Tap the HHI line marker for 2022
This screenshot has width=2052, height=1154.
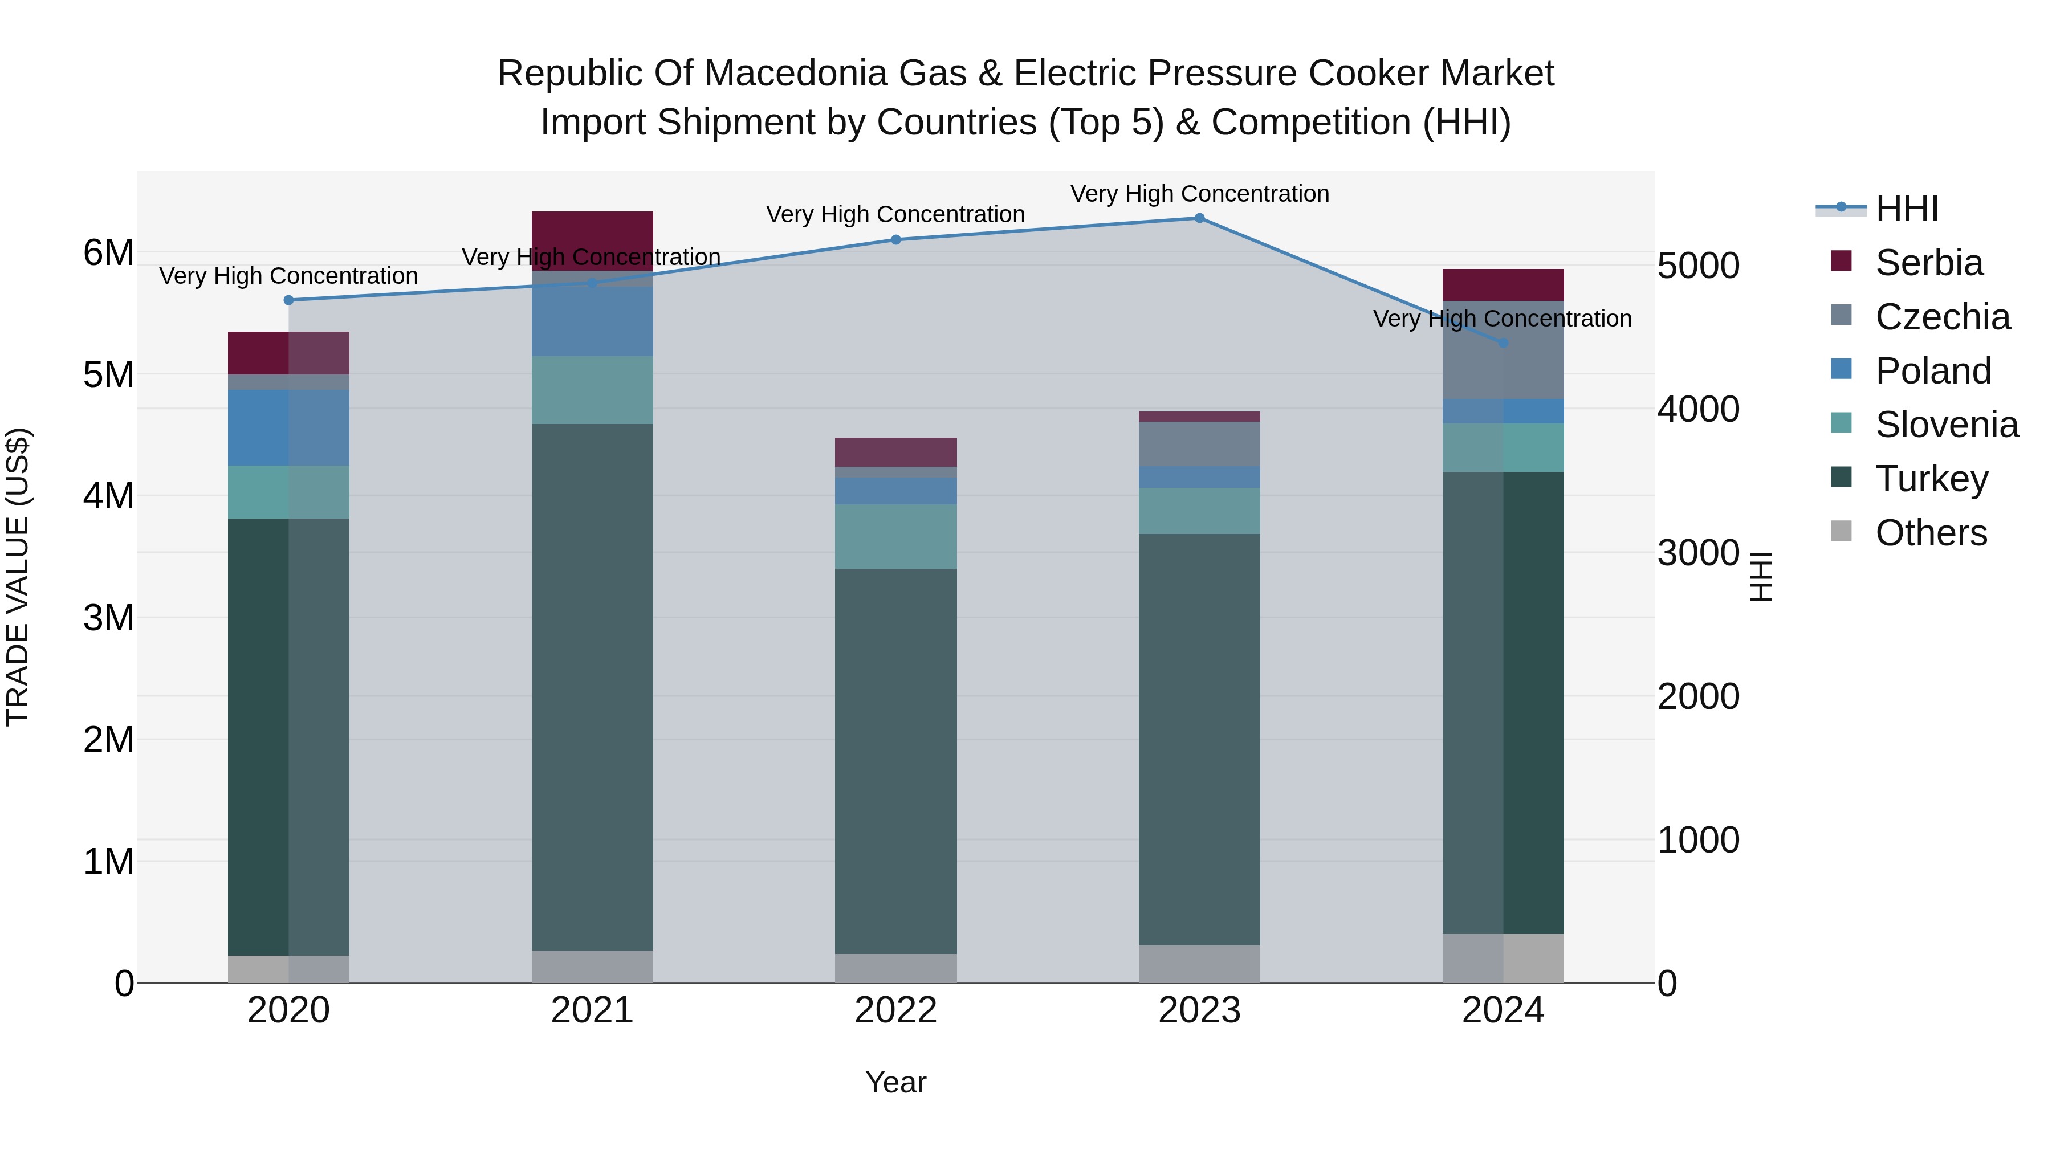[895, 240]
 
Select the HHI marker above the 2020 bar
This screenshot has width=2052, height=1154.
[288, 300]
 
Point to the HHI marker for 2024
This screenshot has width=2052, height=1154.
[1503, 343]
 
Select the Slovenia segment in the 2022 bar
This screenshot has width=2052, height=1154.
[895, 536]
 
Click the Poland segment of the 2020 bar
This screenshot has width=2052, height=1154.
[288, 427]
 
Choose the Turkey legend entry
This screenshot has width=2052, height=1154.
[1931, 479]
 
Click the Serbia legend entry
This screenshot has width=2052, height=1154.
[1928, 263]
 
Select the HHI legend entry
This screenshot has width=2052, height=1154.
[1906, 209]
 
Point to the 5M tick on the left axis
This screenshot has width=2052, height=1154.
[108, 374]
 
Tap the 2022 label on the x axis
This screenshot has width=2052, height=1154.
[895, 1010]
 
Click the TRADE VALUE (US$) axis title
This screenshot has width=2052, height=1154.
[18, 577]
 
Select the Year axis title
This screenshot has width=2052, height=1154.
[895, 1082]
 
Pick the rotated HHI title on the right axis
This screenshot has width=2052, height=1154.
[1761, 577]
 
